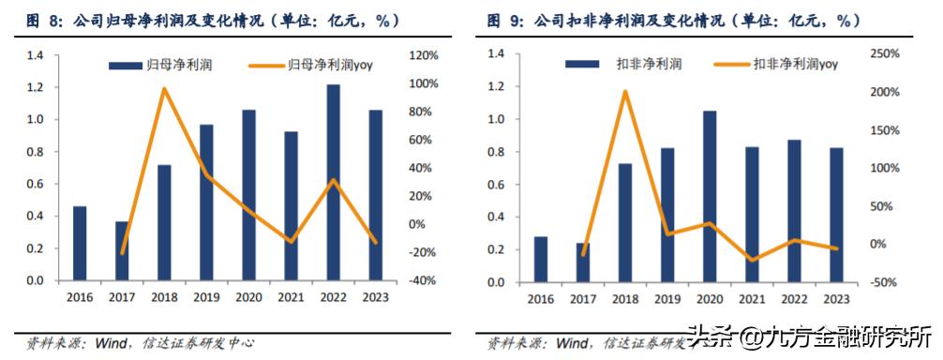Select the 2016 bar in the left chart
(x=80, y=244)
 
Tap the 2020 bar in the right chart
(x=711, y=196)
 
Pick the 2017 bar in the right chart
(x=583, y=262)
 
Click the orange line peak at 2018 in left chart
(x=164, y=89)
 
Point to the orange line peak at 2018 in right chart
(x=625, y=92)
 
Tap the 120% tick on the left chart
(x=419, y=56)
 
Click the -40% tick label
(x=419, y=280)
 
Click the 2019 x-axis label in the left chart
(x=206, y=298)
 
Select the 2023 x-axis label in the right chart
(x=836, y=299)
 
